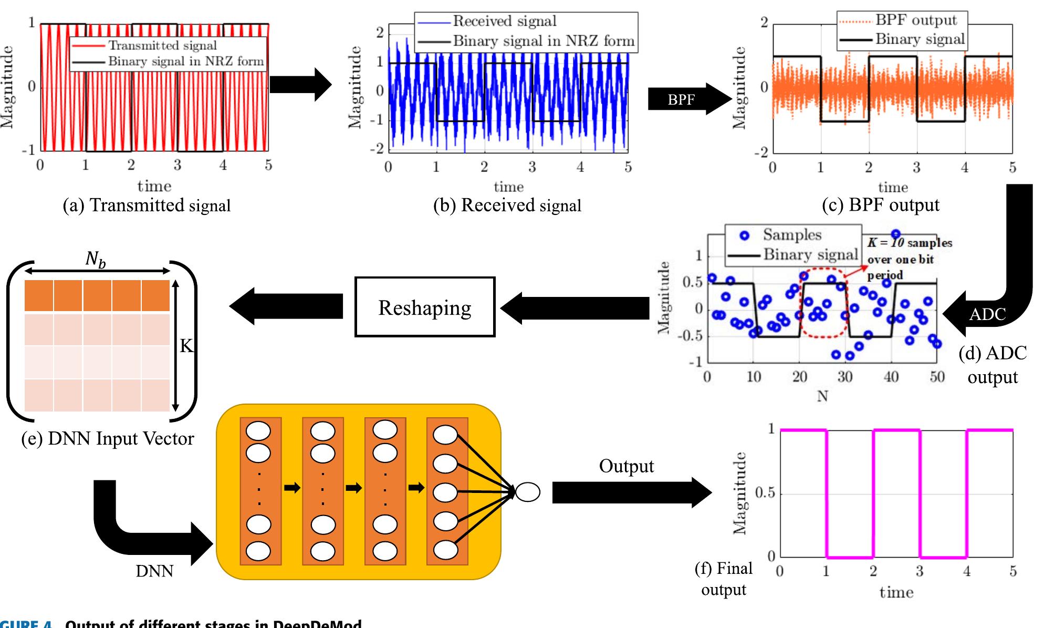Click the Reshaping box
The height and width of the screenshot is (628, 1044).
pyautogui.click(x=424, y=307)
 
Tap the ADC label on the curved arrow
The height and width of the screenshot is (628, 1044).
pyautogui.click(x=987, y=314)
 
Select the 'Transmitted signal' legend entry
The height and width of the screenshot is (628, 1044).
pyautogui.click(x=162, y=46)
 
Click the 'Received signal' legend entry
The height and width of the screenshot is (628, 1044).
pyautogui.click(x=504, y=21)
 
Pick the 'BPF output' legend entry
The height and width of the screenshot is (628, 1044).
pyautogui.click(x=916, y=20)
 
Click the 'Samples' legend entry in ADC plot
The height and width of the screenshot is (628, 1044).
pyautogui.click(x=791, y=234)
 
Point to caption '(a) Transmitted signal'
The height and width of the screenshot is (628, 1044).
pyautogui.click(x=147, y=205)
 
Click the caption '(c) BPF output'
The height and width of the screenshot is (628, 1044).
pyautogui.click(x=880, y=205)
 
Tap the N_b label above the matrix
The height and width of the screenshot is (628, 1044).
pyautogui.click(x=95, y=259)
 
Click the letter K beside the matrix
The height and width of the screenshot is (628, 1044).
pyautogui.click(x=186, y=346)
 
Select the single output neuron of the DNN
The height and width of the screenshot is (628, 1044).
pyautogui.click(x=527, y=492)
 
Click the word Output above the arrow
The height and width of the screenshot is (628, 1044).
pyautogui.click(x=626, y=466)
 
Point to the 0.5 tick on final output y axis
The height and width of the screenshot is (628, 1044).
pyautogui.click(x=765, y=493)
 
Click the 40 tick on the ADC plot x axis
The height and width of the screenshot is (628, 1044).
pyautogui.click(x=891, y=376)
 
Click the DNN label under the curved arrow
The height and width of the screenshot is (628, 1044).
pyautogui.click(x=154, y=571)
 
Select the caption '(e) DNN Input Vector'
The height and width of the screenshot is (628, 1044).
pyautogui.click(x=108, y=438)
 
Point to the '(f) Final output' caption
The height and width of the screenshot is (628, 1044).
pyautogui.click(x=724, y=579)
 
